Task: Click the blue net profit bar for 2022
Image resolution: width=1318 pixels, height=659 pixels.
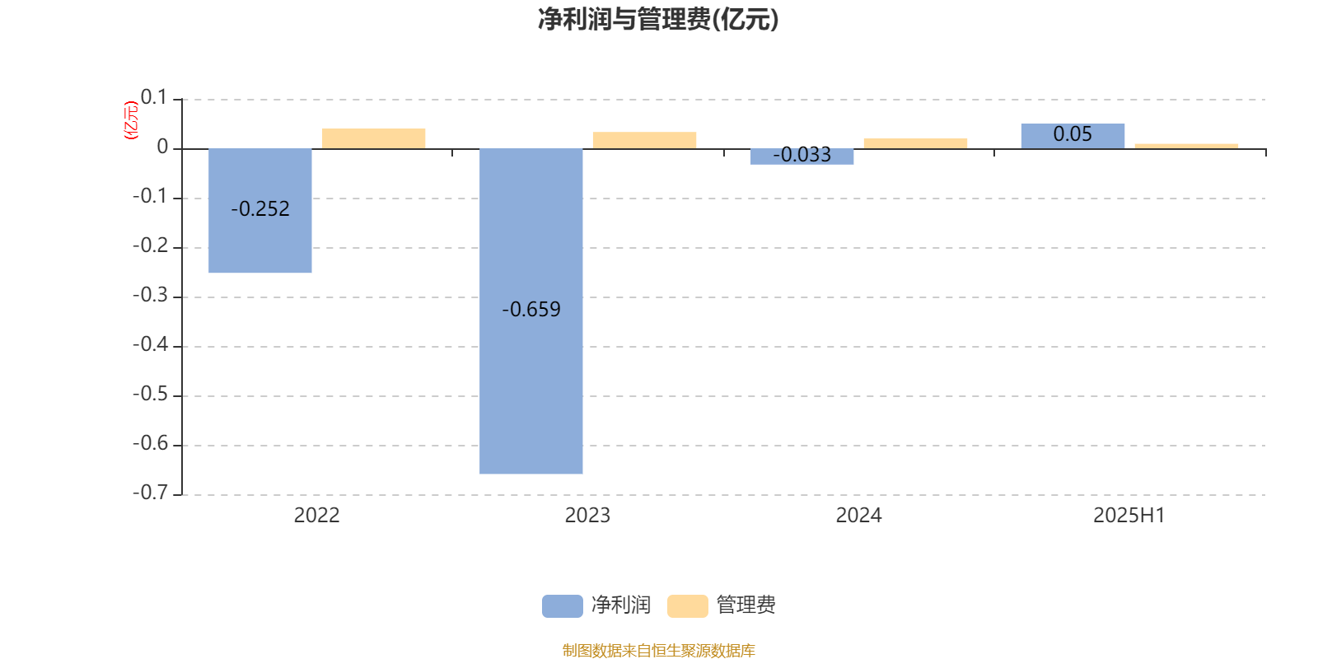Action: click(260, 211)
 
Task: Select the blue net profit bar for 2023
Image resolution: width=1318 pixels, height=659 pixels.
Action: click(530, 311)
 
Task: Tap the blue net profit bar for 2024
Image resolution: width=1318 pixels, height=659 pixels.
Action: click(802, 157)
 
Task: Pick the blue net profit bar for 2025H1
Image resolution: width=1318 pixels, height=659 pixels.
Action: click(1073, 136)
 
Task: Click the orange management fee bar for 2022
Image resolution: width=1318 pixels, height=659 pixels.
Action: click(374, 138)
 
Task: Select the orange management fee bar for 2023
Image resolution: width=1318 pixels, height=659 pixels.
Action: click(644, 140)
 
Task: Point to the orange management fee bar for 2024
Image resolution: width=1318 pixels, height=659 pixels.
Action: click(915, 143)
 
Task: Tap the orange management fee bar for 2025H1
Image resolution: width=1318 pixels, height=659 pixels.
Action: click(1186, 146)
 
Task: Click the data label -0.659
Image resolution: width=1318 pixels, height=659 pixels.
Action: click(531, 310)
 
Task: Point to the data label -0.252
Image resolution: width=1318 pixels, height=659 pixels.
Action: click(260, 209)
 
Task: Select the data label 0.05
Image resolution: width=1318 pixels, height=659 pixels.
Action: click(1073, 134)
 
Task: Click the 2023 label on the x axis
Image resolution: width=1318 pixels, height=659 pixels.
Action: click(587, 516)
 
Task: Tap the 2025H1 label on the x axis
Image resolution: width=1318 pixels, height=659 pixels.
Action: click(1129, 516)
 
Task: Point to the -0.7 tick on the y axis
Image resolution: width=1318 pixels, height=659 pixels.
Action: click(151, 492)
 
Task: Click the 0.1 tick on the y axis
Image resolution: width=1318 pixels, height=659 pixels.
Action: click(154, 97)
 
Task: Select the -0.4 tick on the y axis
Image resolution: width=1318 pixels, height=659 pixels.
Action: click(151, 344)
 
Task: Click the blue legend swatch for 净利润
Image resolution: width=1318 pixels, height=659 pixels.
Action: click(563, 606)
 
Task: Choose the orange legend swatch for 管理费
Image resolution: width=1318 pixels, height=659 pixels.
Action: click(687, 606)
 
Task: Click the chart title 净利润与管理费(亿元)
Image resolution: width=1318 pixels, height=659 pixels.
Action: click(658, 20)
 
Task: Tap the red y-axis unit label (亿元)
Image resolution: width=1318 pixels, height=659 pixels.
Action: click(131, 120)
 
